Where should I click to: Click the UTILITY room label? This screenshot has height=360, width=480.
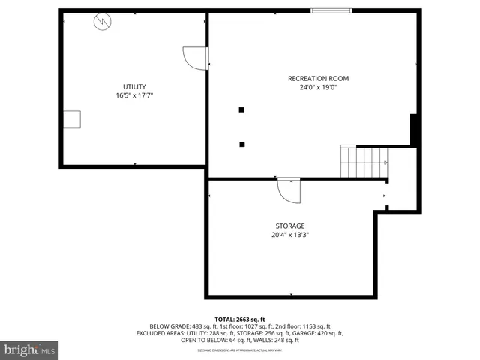pos(134,86)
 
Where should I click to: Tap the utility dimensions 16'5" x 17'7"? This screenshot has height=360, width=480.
pos(134,95)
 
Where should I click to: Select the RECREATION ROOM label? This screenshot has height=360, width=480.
pos(318,78)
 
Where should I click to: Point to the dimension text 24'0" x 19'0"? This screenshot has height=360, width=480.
pos(318,87)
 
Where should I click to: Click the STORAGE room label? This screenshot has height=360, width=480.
pos(289,226)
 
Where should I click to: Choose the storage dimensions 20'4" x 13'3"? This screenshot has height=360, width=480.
pos(289,235)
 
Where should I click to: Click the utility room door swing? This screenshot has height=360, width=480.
pos(196,58)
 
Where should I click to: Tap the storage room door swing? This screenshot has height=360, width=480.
pos(289,190)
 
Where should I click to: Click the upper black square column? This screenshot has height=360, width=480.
pos(241,110)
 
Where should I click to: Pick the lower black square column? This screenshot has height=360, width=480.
pos(241,144)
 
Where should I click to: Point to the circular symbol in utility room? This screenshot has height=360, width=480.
pos(100,22)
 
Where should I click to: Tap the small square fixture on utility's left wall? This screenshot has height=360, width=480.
pos(72,120)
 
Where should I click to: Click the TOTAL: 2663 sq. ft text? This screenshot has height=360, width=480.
pos(240,319)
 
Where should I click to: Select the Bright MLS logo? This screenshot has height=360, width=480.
pos(30,349)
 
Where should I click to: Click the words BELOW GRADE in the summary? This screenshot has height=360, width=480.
pos(169,326)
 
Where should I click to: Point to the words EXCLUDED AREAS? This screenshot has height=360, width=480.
pos(160,333)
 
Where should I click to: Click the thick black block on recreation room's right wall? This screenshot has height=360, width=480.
pos(413,129)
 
